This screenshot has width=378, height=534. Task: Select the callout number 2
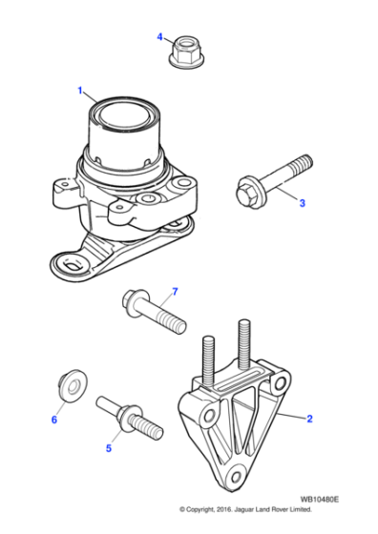click(x=309, y=418)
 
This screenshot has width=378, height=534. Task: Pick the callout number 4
click(x=160, y=37)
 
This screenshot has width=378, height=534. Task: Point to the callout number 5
click(x=108, y=447)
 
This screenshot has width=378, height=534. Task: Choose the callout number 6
click(x=54, y=418)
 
